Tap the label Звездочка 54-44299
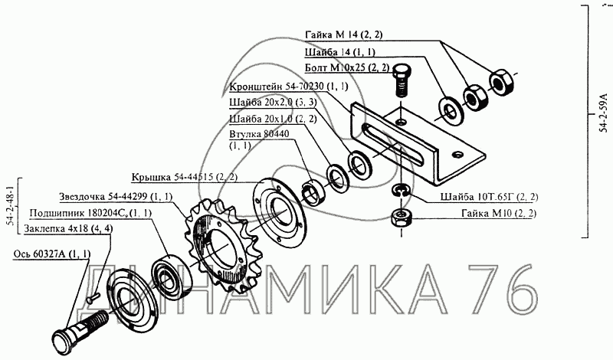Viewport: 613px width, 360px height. point(103,196)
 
